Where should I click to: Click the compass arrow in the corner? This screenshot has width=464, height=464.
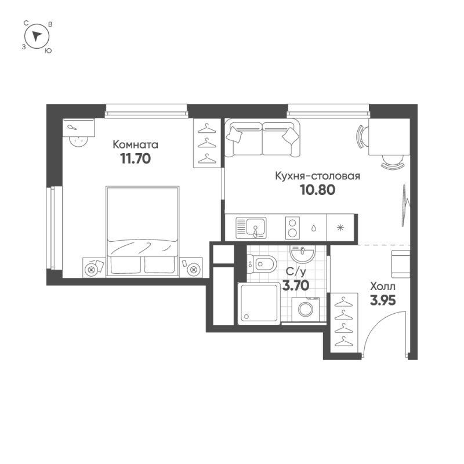37,37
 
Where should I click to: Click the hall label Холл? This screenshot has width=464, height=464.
383,285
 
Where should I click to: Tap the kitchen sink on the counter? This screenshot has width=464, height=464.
251,227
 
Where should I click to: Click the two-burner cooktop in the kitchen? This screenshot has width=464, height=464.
293,227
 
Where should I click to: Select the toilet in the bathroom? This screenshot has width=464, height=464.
262,264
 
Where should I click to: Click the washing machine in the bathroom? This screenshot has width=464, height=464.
305,308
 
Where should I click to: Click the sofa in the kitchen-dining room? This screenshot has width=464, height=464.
263,138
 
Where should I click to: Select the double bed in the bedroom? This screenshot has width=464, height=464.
142,229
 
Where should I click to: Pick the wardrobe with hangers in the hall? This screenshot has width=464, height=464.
345,322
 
